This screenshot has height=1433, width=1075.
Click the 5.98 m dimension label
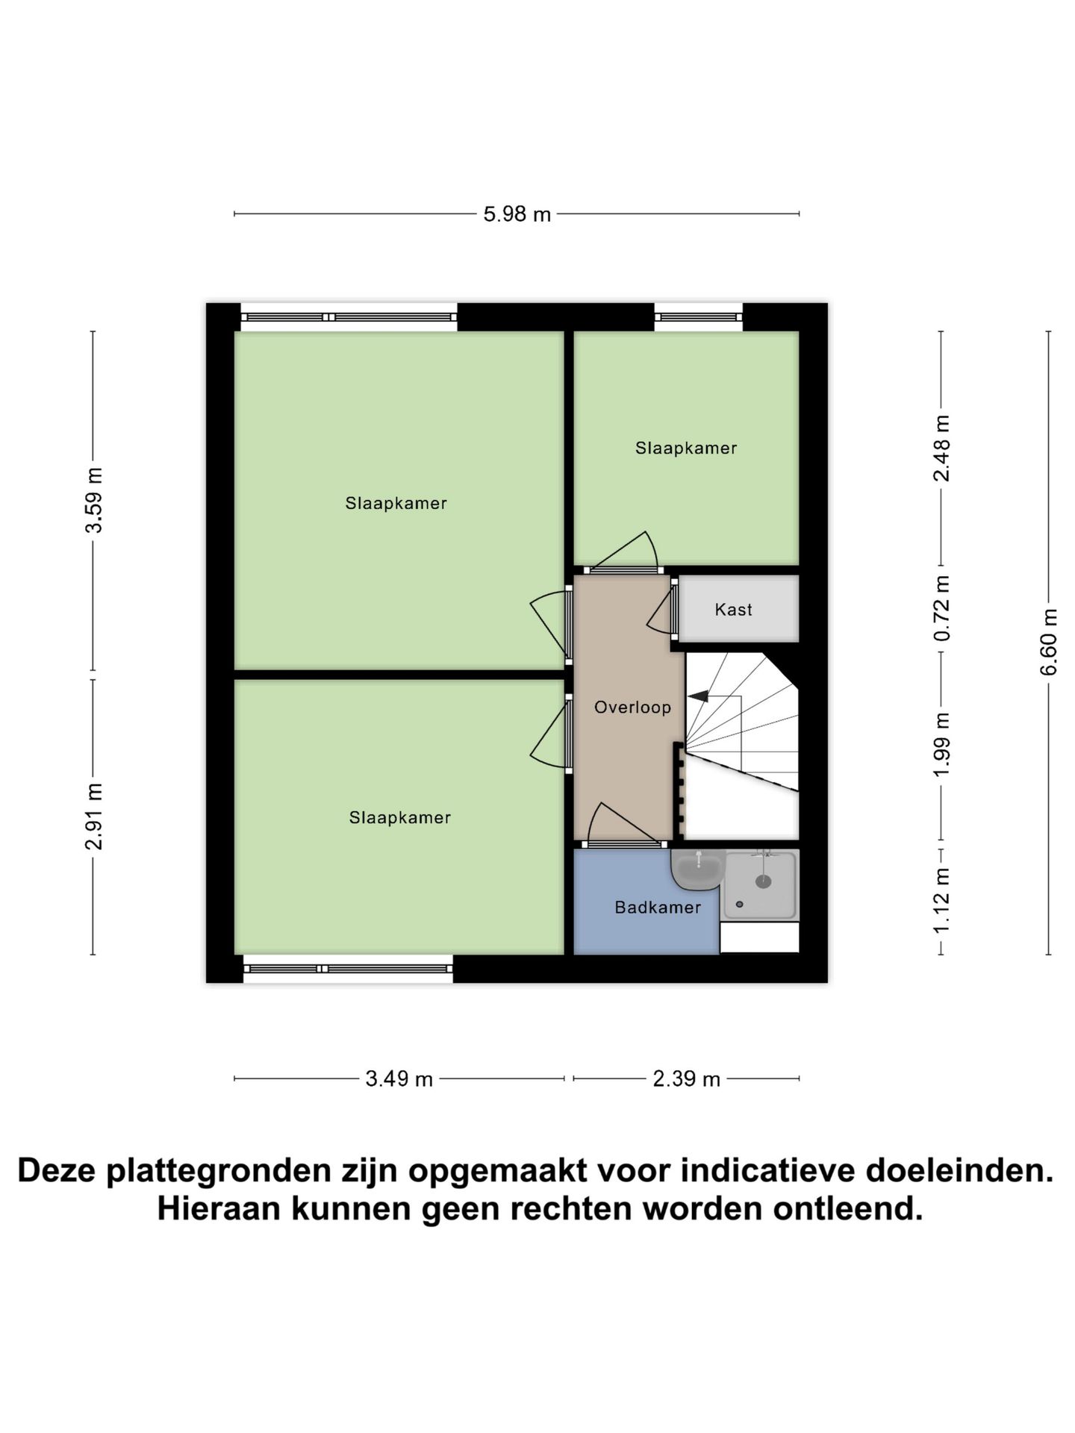click(x=517, y=214)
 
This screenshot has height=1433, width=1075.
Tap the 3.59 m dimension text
click(x=94, y=500)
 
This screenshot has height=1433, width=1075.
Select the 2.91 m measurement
click(x=94, y=817)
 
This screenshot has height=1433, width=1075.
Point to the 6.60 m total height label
click(x=1049, y=642)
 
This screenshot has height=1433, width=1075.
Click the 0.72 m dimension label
click(x=942, y=608)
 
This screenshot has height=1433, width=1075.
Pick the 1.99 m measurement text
click(x=942, y=744)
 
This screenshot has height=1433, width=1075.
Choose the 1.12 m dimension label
click(x=942, y=900)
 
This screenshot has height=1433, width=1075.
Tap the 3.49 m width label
click(x=399, y=1079)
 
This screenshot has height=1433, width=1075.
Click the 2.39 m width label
click(x=686, y=1079)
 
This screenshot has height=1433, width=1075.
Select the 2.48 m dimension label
click(x=942, y=448)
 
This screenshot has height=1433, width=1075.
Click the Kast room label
click(x=733, y=610)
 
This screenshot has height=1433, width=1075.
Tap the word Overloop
click(x=632, y=708)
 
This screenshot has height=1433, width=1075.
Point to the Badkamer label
click(x=658, y=908)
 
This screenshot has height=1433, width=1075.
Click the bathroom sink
click(x=698, y=869)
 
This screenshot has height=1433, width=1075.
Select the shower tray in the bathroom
click(x=760, y=885)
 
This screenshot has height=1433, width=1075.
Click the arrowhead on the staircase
click(x=698, y=696)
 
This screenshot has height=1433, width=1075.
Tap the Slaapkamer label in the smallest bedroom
click(x=686, y=448)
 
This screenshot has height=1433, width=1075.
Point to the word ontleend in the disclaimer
click(x=847, y=1208)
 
